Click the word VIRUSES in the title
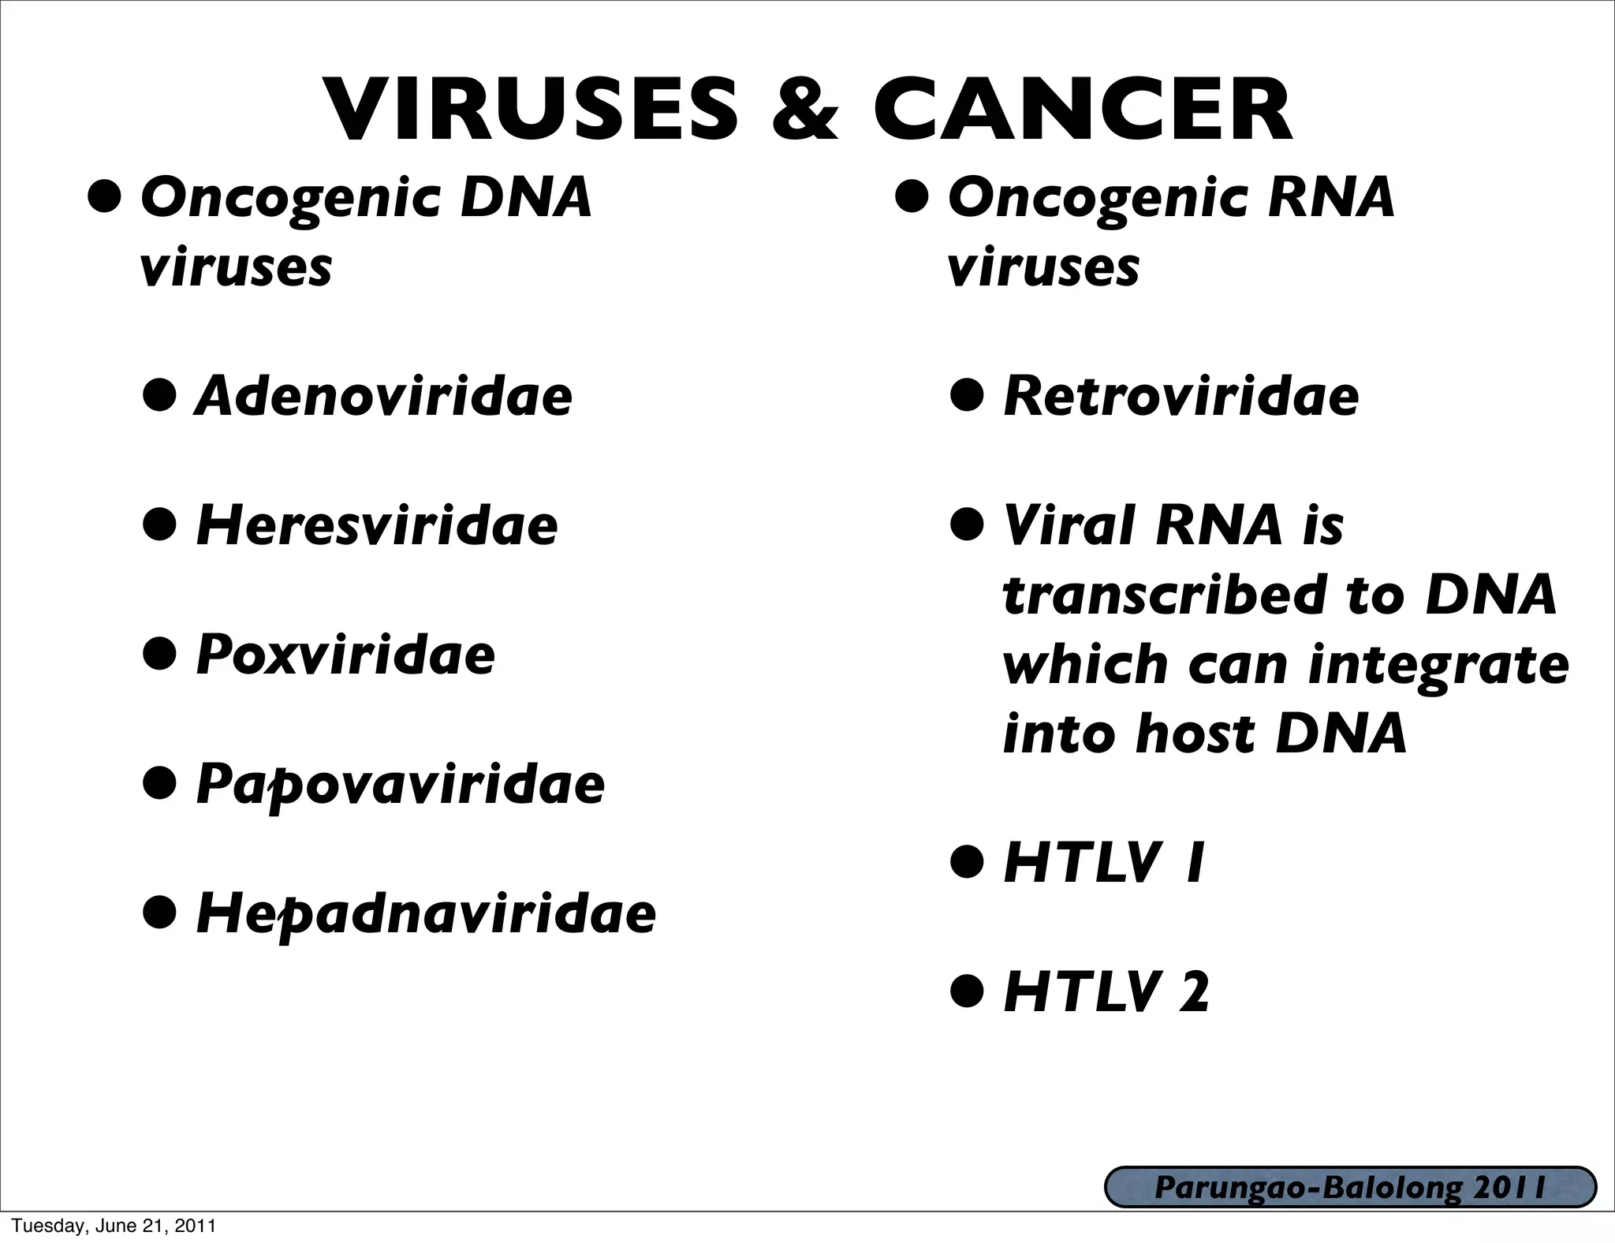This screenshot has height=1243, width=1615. [533, 110]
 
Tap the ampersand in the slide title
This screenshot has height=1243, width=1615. [804, 110]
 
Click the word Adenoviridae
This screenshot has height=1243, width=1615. [383, 396]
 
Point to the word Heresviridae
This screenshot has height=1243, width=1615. [377, 525]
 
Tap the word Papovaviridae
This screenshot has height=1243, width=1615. [401, 786]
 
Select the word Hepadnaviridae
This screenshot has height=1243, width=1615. [426, 915]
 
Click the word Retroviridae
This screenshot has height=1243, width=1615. [1180, 396]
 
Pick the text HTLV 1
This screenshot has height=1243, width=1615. [1103, 864]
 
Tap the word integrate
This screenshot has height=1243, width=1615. [1438, 665]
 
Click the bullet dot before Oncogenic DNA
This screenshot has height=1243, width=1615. [105, 197]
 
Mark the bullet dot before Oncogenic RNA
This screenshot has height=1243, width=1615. [912, 197]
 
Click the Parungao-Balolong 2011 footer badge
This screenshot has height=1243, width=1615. [1350, 1188]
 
